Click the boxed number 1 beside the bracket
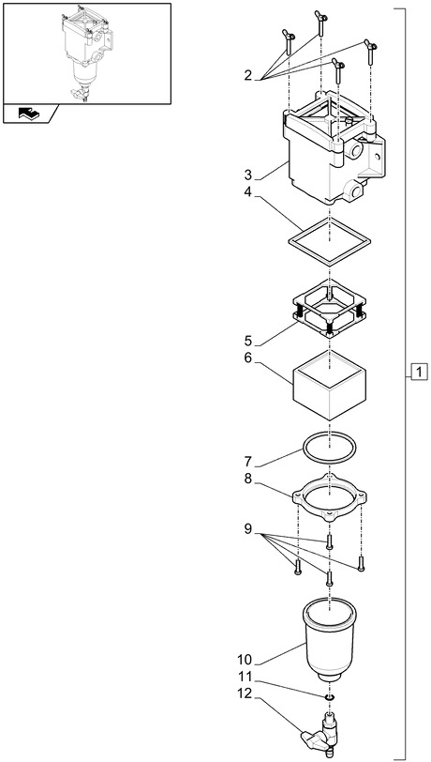click(420, 372)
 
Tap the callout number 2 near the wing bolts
click(248, 75)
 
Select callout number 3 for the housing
click(248, 175)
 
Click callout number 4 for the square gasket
click(248, 192)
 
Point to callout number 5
click(248, 341)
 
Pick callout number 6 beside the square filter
click(248, 358)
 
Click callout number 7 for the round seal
click(248, 462)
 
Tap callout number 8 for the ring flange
click(248, 480)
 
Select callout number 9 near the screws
click(248, 529)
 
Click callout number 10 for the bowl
click(245, 660)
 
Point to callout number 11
click(245, 677)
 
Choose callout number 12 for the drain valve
click(245, 694)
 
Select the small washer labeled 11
click(330, 698)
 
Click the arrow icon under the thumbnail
click(30, 114)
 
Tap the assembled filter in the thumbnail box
click(86, 53)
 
